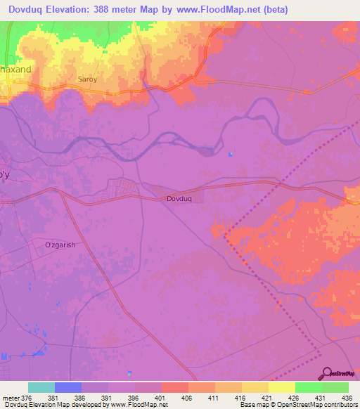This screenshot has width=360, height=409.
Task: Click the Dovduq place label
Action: (179, 199)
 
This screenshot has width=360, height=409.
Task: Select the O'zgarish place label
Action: (60, 245)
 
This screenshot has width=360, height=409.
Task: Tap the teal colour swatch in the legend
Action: (41, 387)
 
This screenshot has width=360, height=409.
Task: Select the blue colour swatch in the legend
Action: (68, 387)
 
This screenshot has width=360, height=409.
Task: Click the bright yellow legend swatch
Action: (281, 387)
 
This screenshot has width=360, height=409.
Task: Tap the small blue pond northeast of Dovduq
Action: (231, 154)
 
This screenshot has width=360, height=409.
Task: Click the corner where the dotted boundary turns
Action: (225, 235)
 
